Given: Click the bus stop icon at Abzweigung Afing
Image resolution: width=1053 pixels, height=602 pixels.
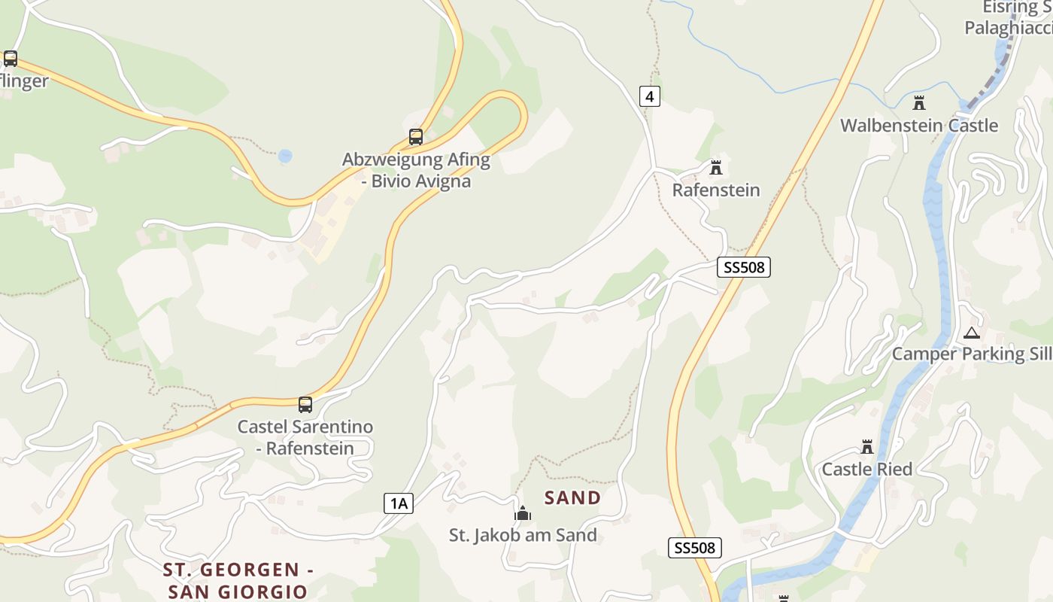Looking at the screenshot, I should (416, 137).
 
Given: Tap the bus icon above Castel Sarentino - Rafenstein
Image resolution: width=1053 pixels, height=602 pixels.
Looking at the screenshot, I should (305, 405).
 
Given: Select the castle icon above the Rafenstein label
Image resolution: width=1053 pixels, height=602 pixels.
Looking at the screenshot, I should (715, 167).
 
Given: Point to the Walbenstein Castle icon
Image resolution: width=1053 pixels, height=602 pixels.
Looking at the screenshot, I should (918, 103).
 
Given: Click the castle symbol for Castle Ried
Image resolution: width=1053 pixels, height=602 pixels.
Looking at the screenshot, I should (867, 447).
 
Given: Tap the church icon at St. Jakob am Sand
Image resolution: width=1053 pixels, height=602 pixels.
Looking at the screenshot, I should (523, 513).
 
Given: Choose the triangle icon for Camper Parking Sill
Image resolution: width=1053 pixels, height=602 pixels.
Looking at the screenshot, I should (972, 333).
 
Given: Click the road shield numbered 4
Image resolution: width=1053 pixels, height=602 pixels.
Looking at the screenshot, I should (650, 96).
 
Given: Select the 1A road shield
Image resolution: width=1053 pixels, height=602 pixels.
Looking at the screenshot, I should (399, 503).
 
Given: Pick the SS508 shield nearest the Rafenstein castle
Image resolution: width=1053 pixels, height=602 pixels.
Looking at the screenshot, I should (744, 267).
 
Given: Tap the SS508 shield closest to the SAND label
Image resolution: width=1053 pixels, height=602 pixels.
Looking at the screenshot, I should (695, 548).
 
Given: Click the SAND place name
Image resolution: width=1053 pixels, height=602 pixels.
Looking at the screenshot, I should (573, 497).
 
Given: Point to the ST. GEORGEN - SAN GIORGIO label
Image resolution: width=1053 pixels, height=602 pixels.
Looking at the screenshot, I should (238, 580).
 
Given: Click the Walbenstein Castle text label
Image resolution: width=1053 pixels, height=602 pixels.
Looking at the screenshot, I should (919, 126).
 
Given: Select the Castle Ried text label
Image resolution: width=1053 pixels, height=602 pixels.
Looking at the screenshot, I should (867, 470).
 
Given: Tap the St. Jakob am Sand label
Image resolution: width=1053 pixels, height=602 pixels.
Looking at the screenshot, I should (523, 536).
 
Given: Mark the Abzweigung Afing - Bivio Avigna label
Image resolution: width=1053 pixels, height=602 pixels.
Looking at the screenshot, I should (416, 170).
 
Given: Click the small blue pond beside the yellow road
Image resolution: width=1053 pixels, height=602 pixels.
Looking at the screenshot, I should (285, 157).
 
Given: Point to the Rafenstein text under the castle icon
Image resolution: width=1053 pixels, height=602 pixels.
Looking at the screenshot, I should (716, 190).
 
